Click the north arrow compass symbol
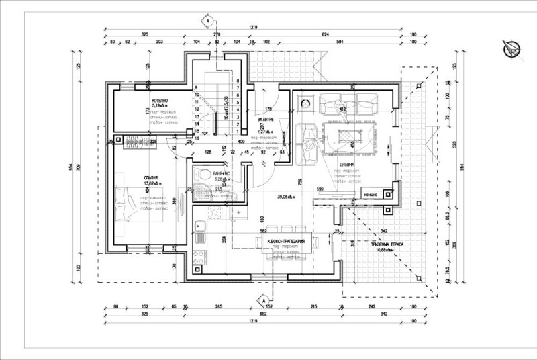[x=511, y=48]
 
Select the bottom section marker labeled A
[x=264, y=300]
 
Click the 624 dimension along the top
[x=326, y=34]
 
